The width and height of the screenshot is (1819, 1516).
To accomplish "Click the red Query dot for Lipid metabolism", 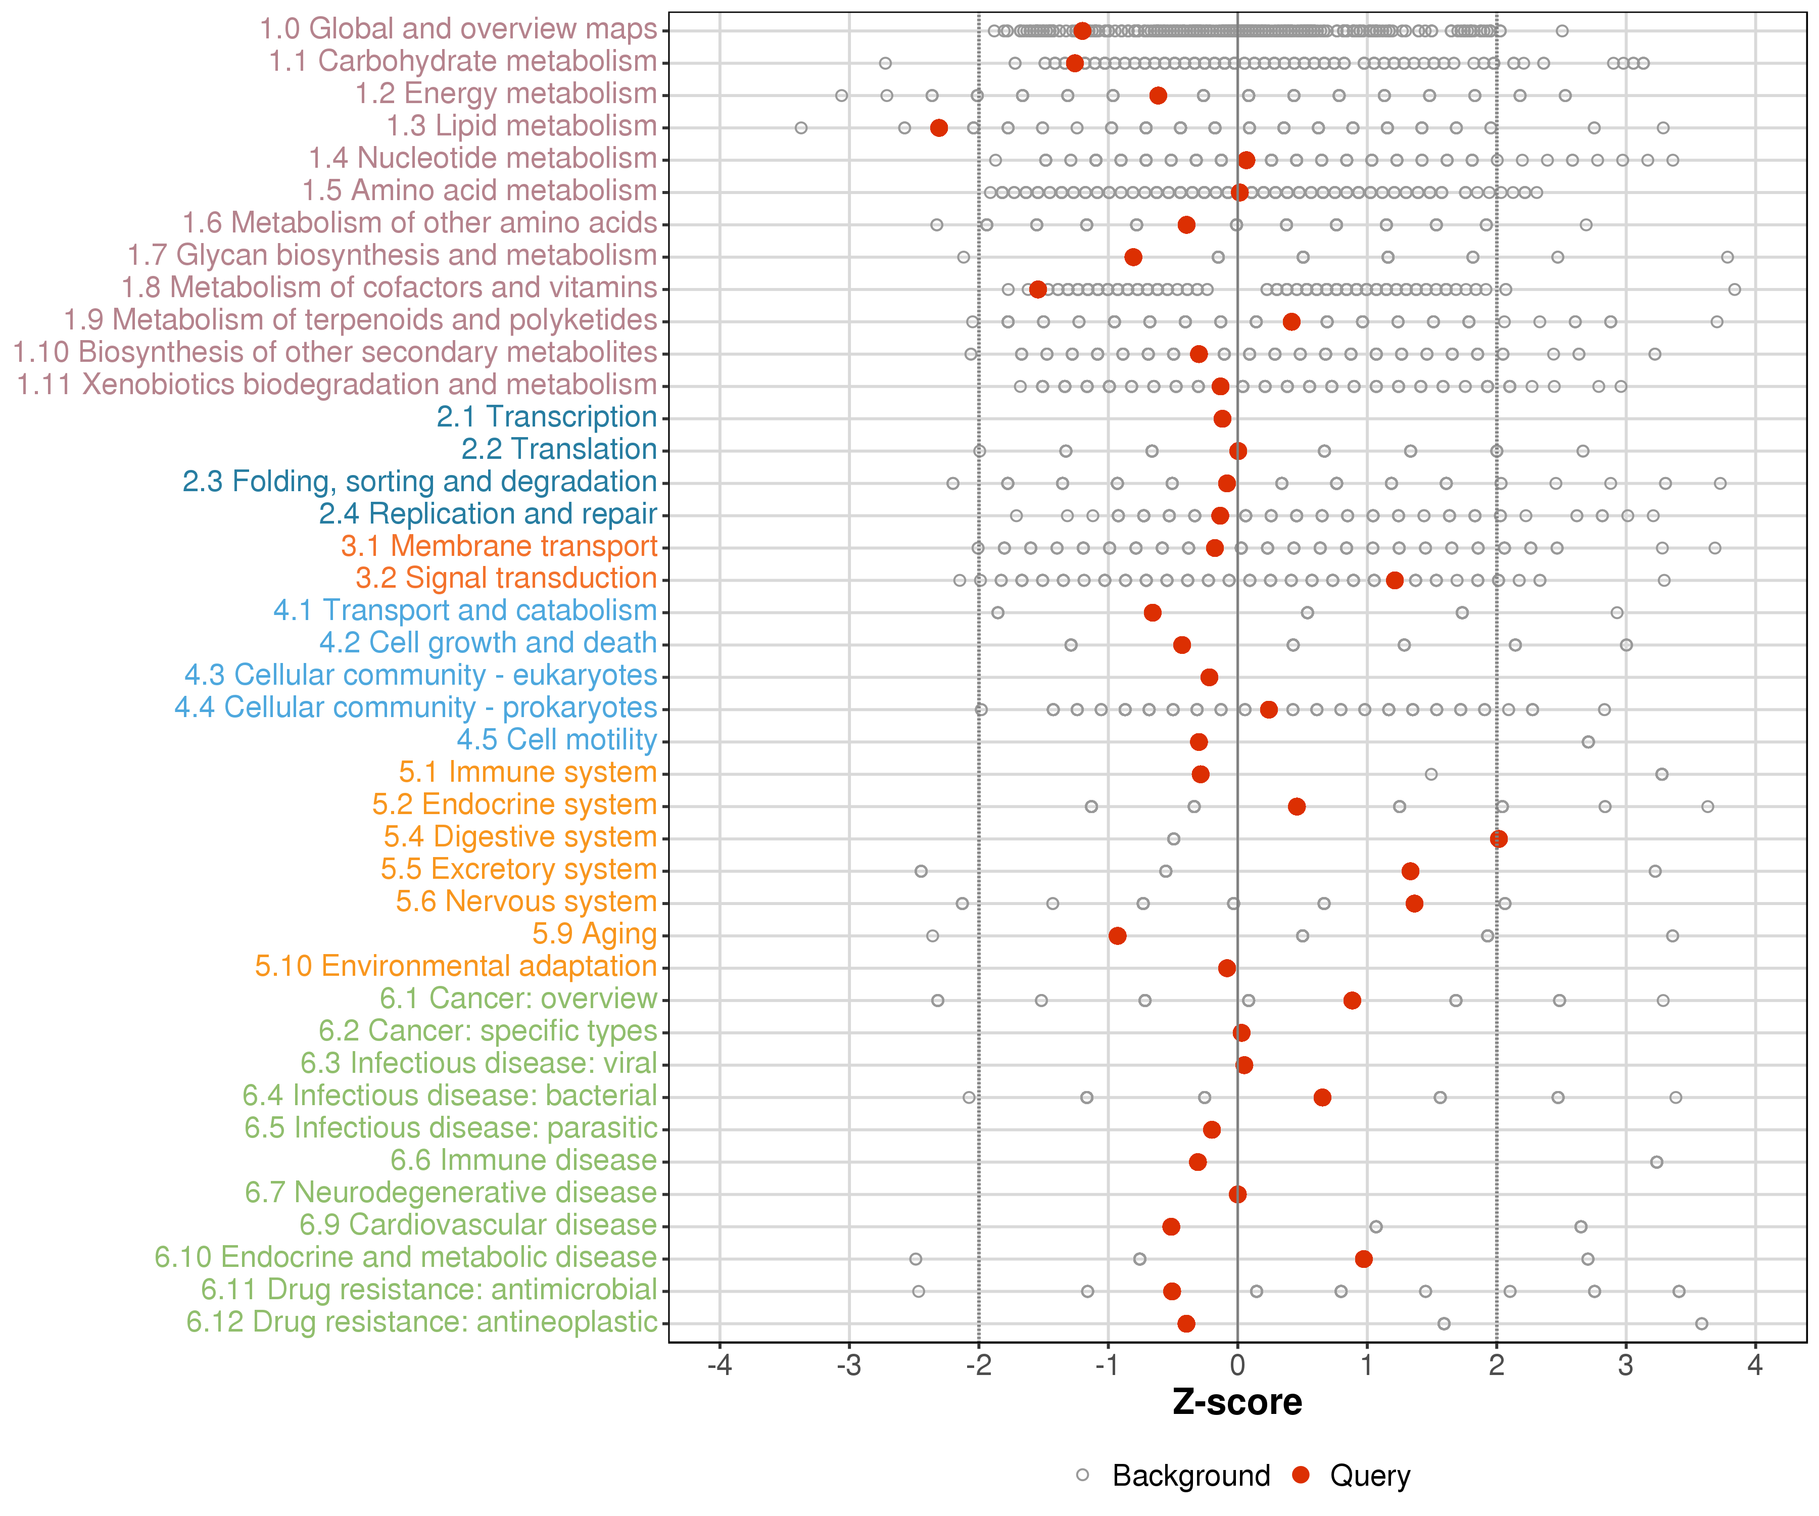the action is tap(938, 128).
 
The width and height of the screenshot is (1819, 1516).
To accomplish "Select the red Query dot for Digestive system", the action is tap(1499, 838).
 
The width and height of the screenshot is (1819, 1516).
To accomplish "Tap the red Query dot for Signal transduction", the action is tap(1395, 581).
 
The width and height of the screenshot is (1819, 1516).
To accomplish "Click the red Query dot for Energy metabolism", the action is tap(1158, 96).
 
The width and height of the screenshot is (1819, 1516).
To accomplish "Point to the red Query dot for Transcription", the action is tap(1222, 418).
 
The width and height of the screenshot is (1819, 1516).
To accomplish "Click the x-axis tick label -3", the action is tap(849, 1366).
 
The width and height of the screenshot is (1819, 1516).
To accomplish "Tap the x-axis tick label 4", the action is tap(1756, 1366).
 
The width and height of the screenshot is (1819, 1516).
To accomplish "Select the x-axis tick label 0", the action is tap(1238, 1366).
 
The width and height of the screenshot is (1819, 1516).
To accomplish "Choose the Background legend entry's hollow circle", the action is tap(1083, 1475).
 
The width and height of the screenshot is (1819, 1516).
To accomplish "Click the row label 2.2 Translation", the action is tap(559, 450).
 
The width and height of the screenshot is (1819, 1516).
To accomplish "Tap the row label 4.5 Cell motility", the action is tap(557, 741).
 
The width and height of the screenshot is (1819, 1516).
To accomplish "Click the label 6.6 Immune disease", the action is tap(523, 1161).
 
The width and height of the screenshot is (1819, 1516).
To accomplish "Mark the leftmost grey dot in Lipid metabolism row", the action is tap(801, 128).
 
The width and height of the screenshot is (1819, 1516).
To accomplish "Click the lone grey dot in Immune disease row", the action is tap(1656, 1162).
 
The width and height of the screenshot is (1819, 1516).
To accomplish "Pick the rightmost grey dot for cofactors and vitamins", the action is tap(1734, 290).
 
